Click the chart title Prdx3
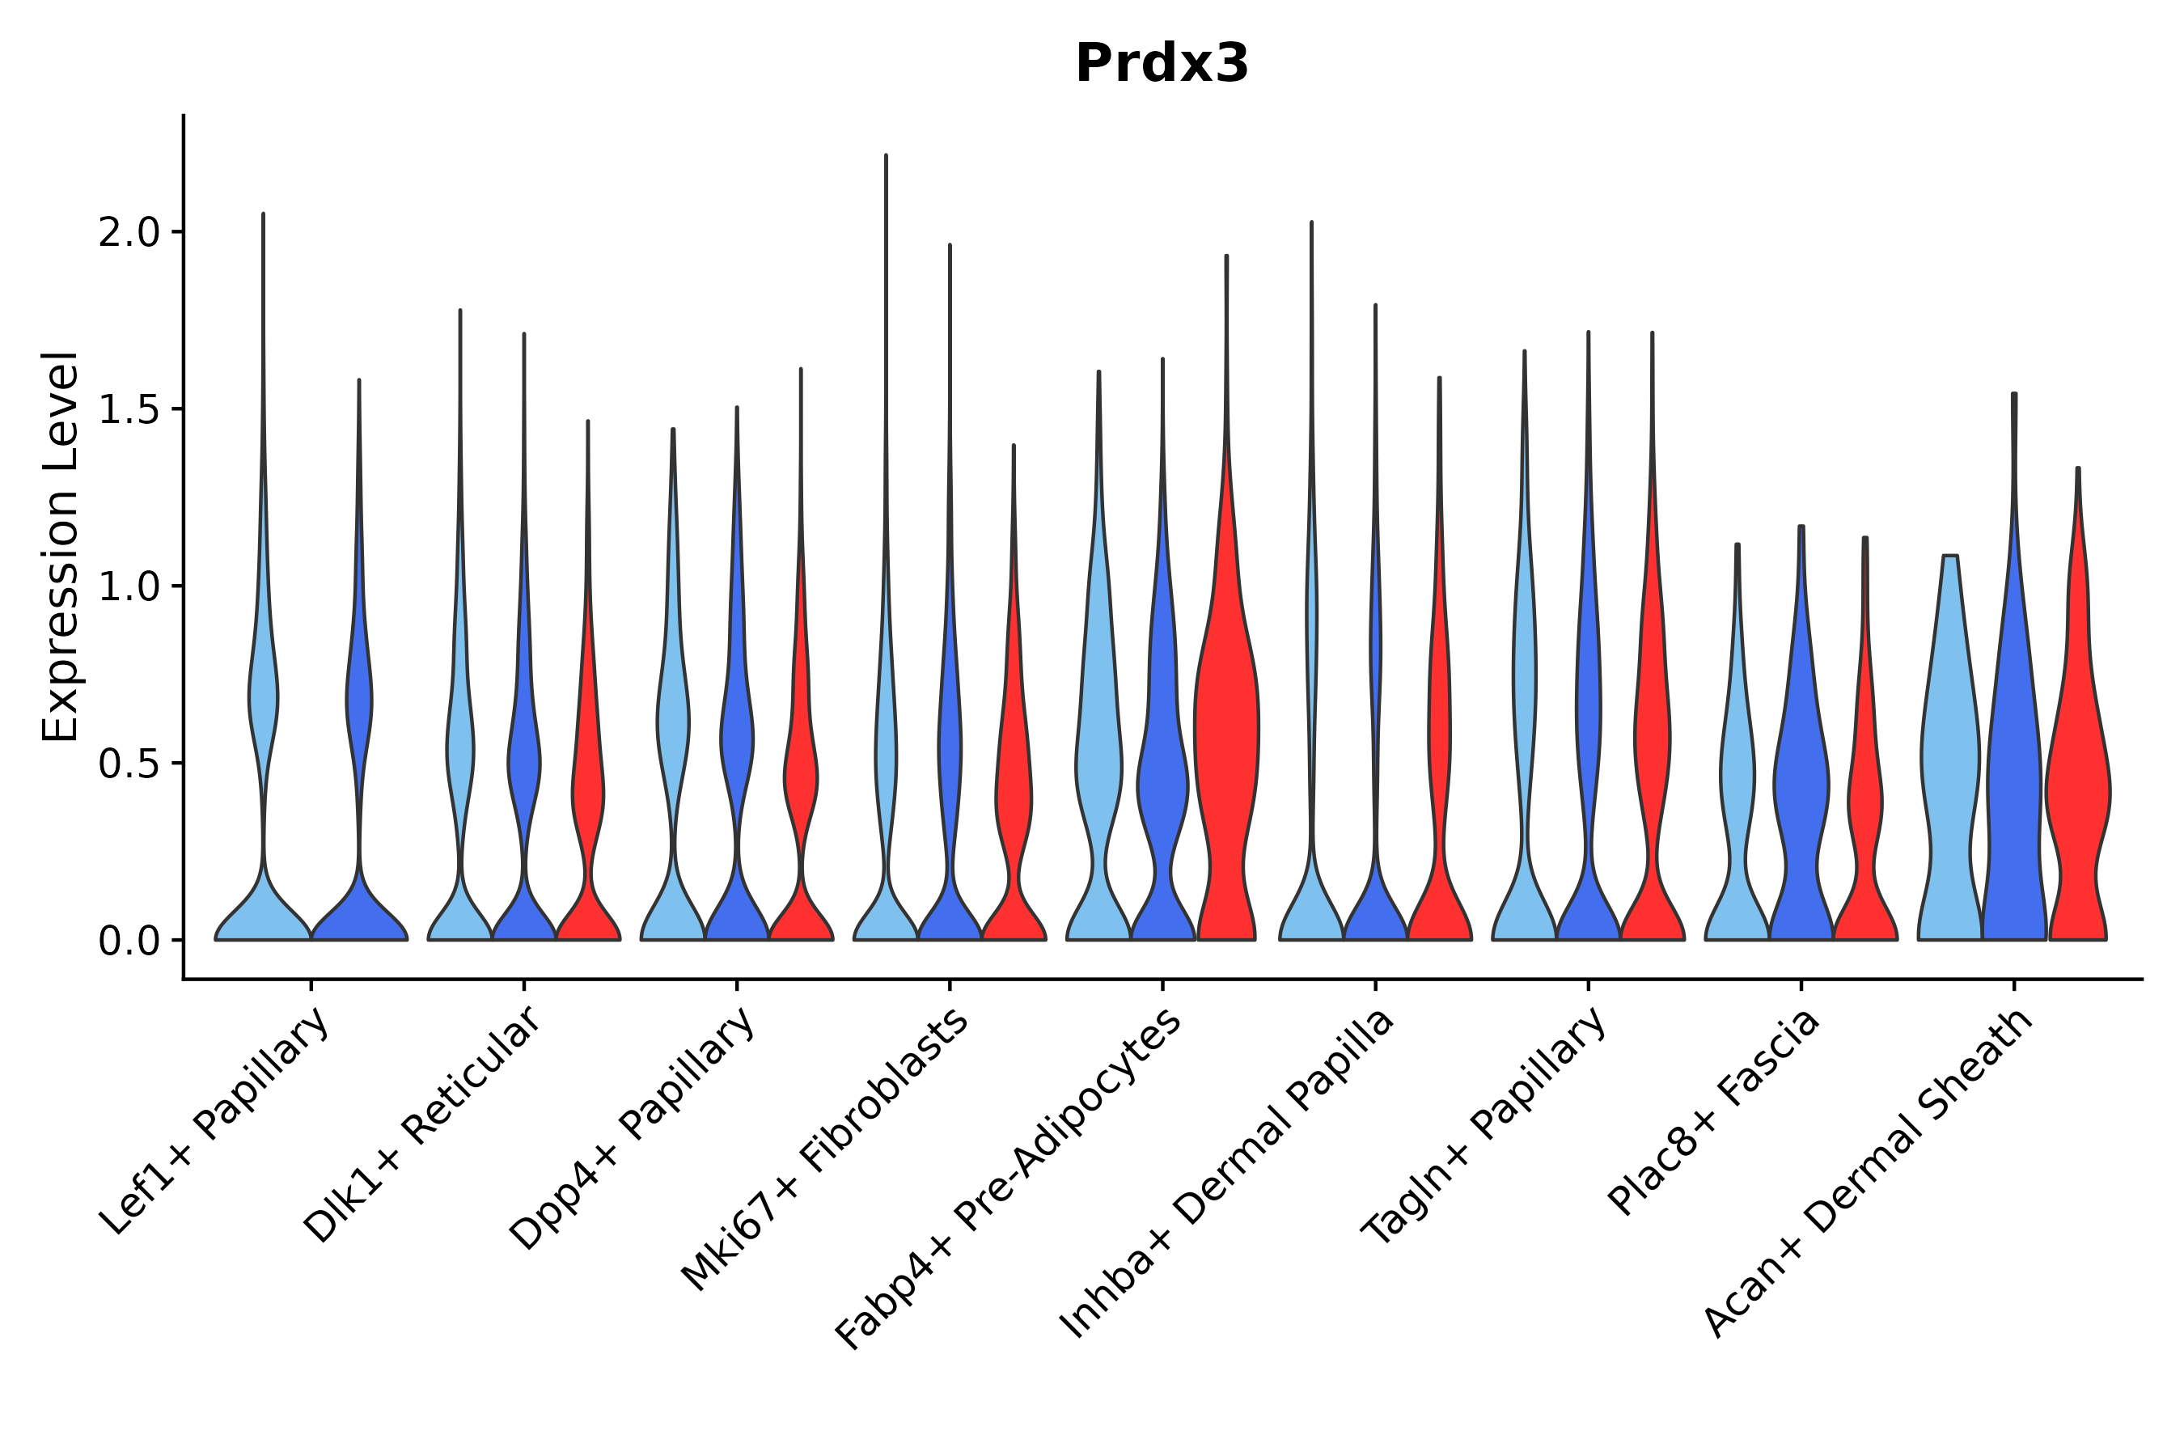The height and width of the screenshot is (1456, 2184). point(1162,65)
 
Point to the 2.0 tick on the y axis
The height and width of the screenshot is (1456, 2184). point(131,233)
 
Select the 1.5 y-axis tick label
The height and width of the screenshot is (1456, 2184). point(131,410)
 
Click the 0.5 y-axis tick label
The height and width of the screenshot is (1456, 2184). point(131,764)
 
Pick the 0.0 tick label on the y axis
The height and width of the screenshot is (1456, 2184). point(131,942)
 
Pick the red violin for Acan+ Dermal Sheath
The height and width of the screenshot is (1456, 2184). point(2078,789)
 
